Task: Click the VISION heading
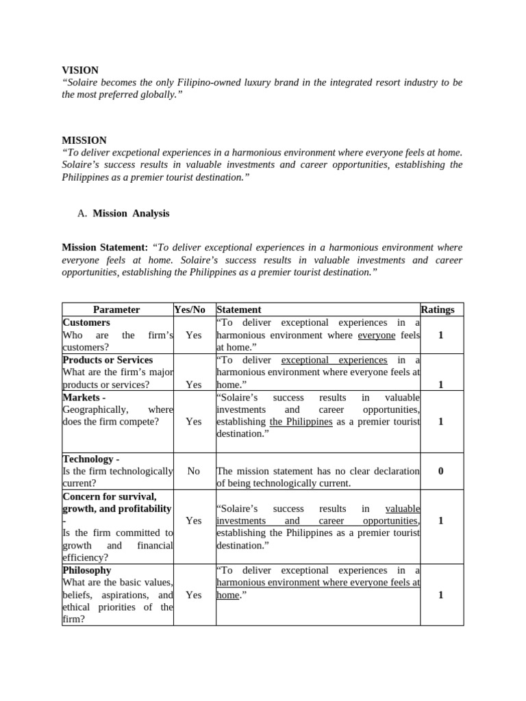(x=80, y=70)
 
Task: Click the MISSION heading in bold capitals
(x=84, y=140)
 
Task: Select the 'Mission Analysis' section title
(x=131, y=213)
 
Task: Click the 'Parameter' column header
(x=116, y=309)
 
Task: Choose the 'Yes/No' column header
(x=190, y=309)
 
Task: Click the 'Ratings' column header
(x=438, y=309)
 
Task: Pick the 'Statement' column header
(x=238, y=309)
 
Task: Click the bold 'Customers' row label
(x=86, y=322)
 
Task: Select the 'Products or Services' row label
(x=108, y=359)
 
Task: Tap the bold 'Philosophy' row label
(x=86, y=570)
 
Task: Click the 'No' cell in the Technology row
(x=194, y=471)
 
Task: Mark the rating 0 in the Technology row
(x=440, y=471)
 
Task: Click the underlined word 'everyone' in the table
(x=377, y=335)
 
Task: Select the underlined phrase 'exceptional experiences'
(x=334, y=359)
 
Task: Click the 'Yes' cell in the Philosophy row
(x=194, y=595)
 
